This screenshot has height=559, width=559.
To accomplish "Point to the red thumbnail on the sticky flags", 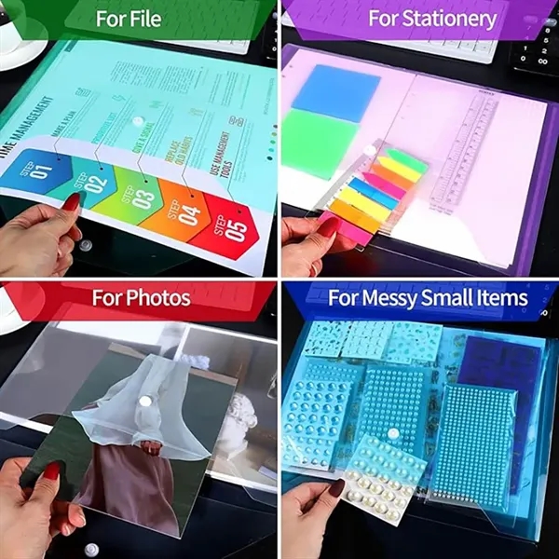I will pos(327,225).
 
